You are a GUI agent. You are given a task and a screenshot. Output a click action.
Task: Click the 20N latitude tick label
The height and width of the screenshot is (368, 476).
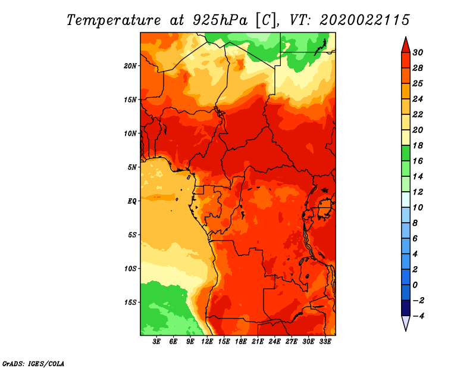(130, 66)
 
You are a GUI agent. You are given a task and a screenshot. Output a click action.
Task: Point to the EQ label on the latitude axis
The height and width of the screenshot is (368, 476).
(132, 201)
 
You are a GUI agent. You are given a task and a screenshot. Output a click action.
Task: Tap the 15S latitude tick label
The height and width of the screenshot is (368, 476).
(130, 302)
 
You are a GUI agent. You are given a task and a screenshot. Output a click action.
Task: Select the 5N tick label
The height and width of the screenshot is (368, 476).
(132, 167)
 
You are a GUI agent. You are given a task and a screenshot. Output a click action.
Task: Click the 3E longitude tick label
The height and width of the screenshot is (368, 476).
(156, 342)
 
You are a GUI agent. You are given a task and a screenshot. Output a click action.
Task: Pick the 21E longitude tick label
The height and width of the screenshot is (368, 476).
(258, 342)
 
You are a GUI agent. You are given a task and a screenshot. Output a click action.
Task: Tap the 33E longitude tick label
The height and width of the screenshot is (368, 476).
(325, 342)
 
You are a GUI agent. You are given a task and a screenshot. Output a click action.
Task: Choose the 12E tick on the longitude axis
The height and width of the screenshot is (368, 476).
(207, 342)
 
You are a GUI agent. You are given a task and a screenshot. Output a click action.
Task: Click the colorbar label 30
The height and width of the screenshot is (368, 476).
(418, 52)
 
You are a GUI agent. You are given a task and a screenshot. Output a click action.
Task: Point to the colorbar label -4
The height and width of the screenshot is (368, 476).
(418, 316)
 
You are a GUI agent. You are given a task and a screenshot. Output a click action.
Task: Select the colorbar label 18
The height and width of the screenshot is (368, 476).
(418, 145)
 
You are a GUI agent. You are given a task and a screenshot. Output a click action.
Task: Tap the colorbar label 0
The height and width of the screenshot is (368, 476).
(415, 285)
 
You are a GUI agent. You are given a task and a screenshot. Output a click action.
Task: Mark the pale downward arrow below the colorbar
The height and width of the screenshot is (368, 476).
(406, 322)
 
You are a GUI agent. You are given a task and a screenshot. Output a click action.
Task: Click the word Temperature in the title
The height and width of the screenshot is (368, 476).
(113, 21)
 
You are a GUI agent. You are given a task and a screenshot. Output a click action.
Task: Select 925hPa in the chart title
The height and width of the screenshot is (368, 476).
(220, 21)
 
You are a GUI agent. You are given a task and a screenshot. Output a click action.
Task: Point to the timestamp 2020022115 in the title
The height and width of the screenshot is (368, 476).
(364, 20)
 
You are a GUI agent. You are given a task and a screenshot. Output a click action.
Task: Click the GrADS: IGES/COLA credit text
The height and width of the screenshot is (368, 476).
(33, 364)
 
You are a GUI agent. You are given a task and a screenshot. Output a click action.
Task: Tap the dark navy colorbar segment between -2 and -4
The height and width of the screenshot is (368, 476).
(406, 308)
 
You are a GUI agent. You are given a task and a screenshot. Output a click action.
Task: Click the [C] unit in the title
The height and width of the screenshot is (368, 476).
(266, 21)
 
